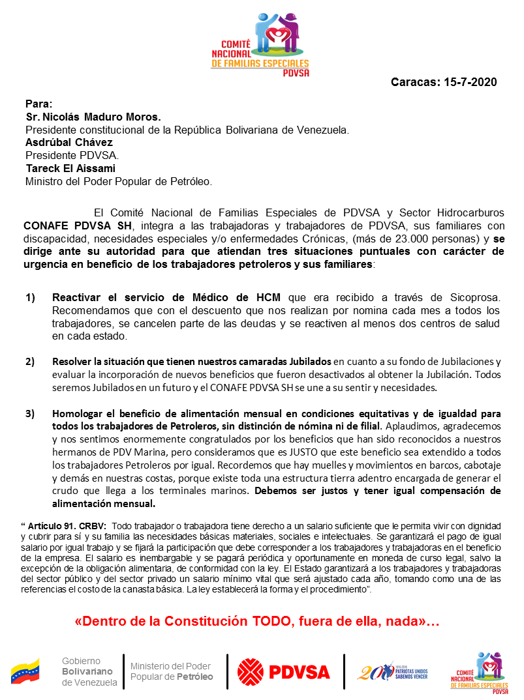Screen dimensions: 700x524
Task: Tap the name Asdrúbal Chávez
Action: tap(69, 142)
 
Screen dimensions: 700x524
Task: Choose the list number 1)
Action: tap(31, 298)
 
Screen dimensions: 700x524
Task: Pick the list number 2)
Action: tap(31, 362)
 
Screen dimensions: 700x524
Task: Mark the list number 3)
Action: tap(31, 413)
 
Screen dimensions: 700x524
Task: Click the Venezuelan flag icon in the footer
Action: tap(25, 671)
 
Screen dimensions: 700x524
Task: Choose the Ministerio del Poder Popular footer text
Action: tap(172, 671)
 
